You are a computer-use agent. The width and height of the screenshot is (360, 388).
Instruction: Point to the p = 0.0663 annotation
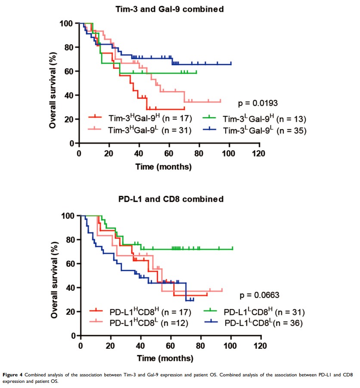(260, 295)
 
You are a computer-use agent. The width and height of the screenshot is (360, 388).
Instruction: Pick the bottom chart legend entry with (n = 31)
(258, 311)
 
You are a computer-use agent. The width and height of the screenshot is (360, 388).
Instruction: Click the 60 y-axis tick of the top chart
(68, 71)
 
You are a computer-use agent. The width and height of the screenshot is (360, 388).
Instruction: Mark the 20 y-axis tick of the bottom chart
(71, 311)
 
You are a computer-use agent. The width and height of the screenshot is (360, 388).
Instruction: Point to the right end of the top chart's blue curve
(231, 64)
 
